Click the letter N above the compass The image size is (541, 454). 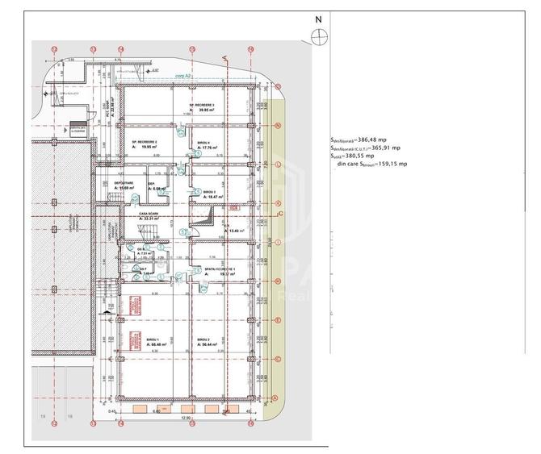click(x=318, y=19)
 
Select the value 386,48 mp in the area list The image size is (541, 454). click(x=383, y=139)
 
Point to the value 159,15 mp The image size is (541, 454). click(x=392, y=164)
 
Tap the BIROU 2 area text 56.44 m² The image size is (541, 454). click(x=210, y=345)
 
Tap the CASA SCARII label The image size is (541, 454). click(x=149, y=213)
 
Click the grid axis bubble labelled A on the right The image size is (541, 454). click(x=275, y=398)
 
